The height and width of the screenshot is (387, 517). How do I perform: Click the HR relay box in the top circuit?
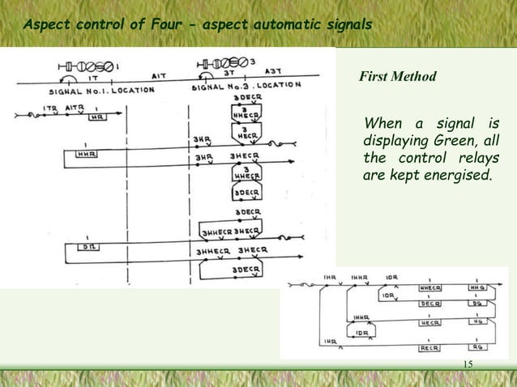[96, 117]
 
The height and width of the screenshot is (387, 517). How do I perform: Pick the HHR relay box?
[84, 153]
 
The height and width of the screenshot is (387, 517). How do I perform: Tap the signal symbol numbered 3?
[226, 62]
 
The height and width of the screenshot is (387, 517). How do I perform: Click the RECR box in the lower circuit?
[429, 349]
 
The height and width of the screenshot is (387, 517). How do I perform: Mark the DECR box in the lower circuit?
[429, 304]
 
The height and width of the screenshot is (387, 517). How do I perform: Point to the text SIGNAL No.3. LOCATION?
[247, 85]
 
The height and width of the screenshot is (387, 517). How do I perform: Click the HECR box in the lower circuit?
[429, 321]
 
